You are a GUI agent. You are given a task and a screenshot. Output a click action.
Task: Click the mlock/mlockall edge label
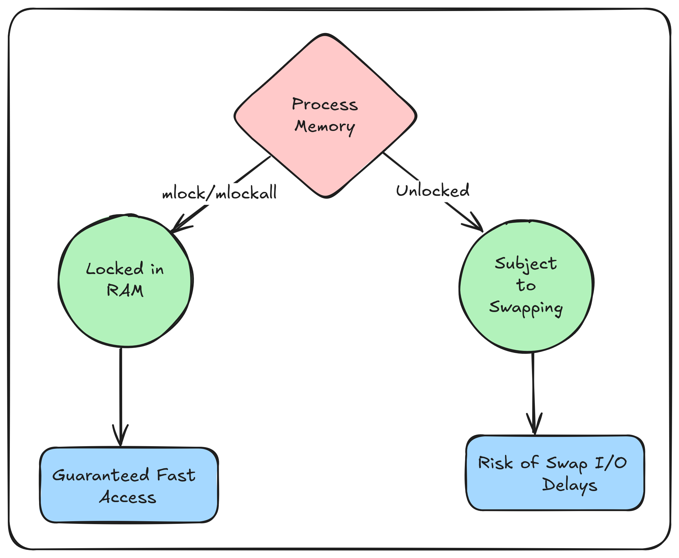click(x=219, y=193)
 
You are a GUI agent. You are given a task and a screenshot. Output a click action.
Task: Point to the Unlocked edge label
click(x=432, y=191)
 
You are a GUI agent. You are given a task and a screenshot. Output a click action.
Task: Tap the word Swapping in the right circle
click(x=526, y=307)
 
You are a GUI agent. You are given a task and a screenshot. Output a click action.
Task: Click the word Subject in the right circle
click(x=526, y=264)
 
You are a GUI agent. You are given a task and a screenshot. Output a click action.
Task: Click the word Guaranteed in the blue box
click(x=101, y=475)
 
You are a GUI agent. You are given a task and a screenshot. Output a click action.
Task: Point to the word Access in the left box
click(x=127, y=497)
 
